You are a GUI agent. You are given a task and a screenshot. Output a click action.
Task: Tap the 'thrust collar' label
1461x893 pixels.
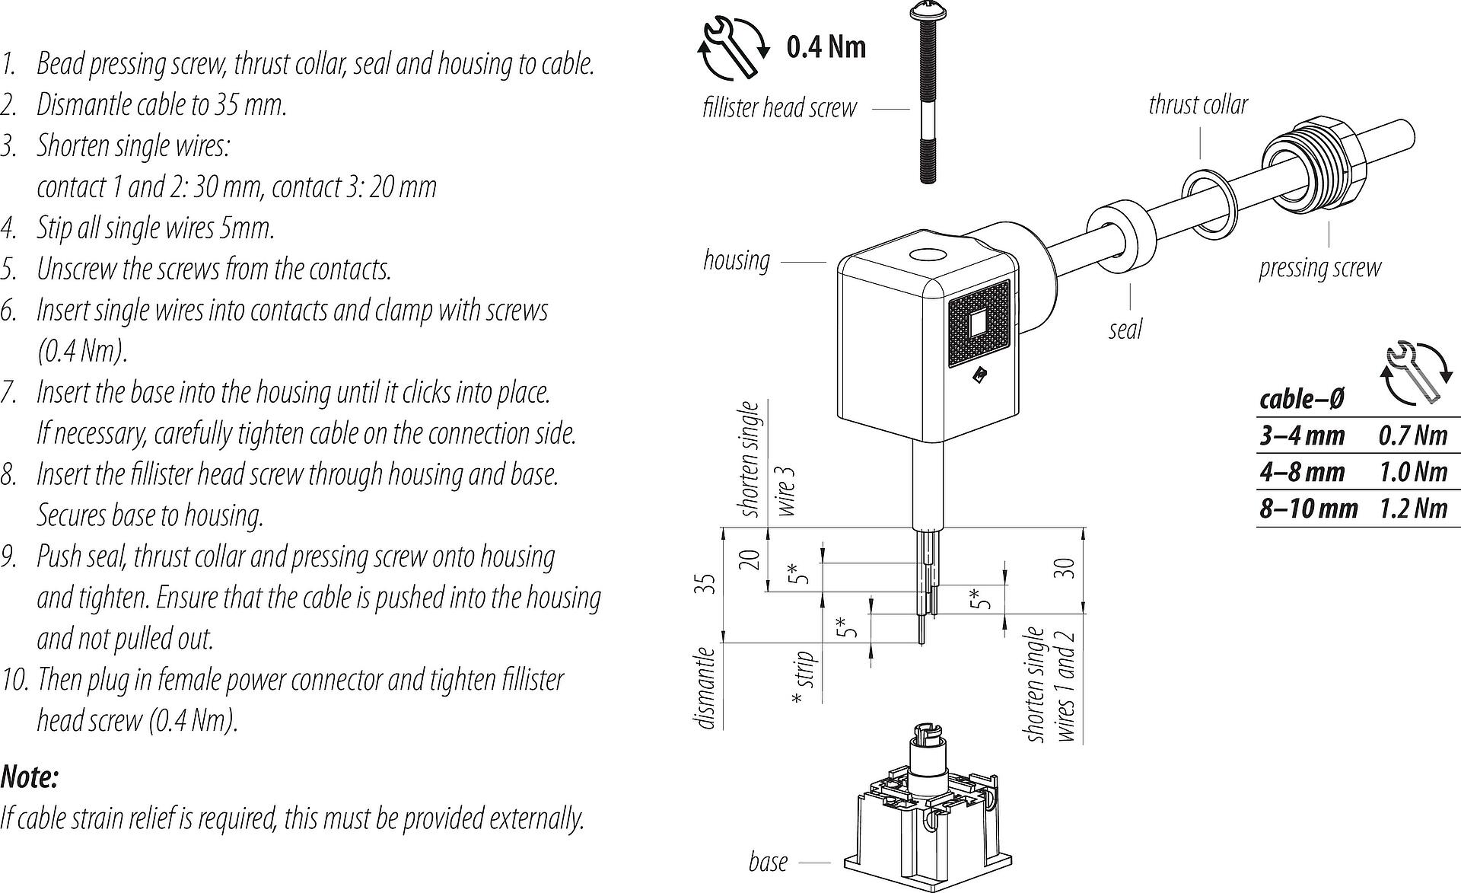[x=1198, y=105]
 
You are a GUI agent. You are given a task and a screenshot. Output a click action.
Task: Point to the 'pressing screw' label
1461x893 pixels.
[x=1319, y=268]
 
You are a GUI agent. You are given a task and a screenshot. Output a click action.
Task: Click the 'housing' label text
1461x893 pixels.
[x=736, y=260]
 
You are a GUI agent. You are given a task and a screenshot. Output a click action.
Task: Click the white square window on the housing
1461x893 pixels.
[x=978, y=324]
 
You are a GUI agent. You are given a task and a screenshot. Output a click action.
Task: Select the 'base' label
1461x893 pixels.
[x=768, y=862]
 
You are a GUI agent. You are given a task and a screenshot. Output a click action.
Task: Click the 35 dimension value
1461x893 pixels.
[x=708, y=584]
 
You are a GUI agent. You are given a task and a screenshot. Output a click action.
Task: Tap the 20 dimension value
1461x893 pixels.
[x=751, y=560]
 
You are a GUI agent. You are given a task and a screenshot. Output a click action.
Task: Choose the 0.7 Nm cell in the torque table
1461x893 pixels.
[x=1412, y=435]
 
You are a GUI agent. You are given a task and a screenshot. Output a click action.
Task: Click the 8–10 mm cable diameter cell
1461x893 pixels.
[x=1308, y=508]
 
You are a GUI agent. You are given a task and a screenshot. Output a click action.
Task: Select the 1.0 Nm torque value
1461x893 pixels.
[x=1412, y=472]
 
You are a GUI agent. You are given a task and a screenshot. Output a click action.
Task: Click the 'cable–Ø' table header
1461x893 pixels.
[x=1301, y=399]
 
